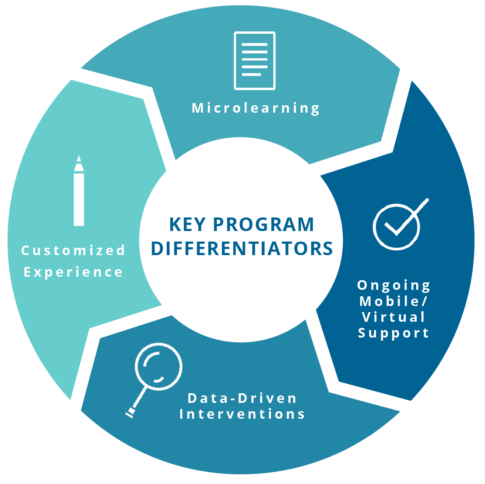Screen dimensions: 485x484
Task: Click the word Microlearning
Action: tap(256, 108)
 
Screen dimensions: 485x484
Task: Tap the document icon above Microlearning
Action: tap(255, 61)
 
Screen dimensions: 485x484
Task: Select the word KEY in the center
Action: tap(187, 224)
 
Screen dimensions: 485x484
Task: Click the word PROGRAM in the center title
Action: tap(264, 224)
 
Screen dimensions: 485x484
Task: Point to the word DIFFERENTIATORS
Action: tap(242, 249)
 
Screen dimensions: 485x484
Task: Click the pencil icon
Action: tap(79, 191)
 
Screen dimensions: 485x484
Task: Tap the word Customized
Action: tap(73, 250)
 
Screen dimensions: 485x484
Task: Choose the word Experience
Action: tap(73, 272)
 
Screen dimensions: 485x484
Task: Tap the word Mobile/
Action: tap(394, 301)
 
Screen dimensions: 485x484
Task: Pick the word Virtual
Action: tap(394, 317)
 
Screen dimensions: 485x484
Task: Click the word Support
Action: tap(394, 334)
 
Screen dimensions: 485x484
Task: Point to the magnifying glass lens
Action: tap(158, 366)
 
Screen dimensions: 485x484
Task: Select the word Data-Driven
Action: tap(242, 399)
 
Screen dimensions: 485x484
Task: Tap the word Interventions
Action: tap(242, 414)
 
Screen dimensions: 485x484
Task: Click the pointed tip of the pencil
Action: tap(79, 156)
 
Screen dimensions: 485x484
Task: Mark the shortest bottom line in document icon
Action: tap(251, 75)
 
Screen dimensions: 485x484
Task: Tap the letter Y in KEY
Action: tap(200, 224)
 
